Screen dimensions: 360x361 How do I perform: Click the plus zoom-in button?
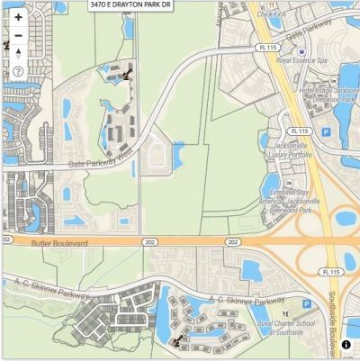coord(18,17)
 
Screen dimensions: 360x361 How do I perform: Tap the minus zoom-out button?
coord(18,35)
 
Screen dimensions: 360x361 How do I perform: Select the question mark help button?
coord(18,71)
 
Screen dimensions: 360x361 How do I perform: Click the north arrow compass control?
coord(18,53)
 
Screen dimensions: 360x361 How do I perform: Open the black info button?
coord(346,345)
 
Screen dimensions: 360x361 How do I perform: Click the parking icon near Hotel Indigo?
coord(326,131)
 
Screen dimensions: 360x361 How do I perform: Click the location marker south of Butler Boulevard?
coord(177,341)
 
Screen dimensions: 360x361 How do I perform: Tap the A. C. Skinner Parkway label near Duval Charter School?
coord(247,298)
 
